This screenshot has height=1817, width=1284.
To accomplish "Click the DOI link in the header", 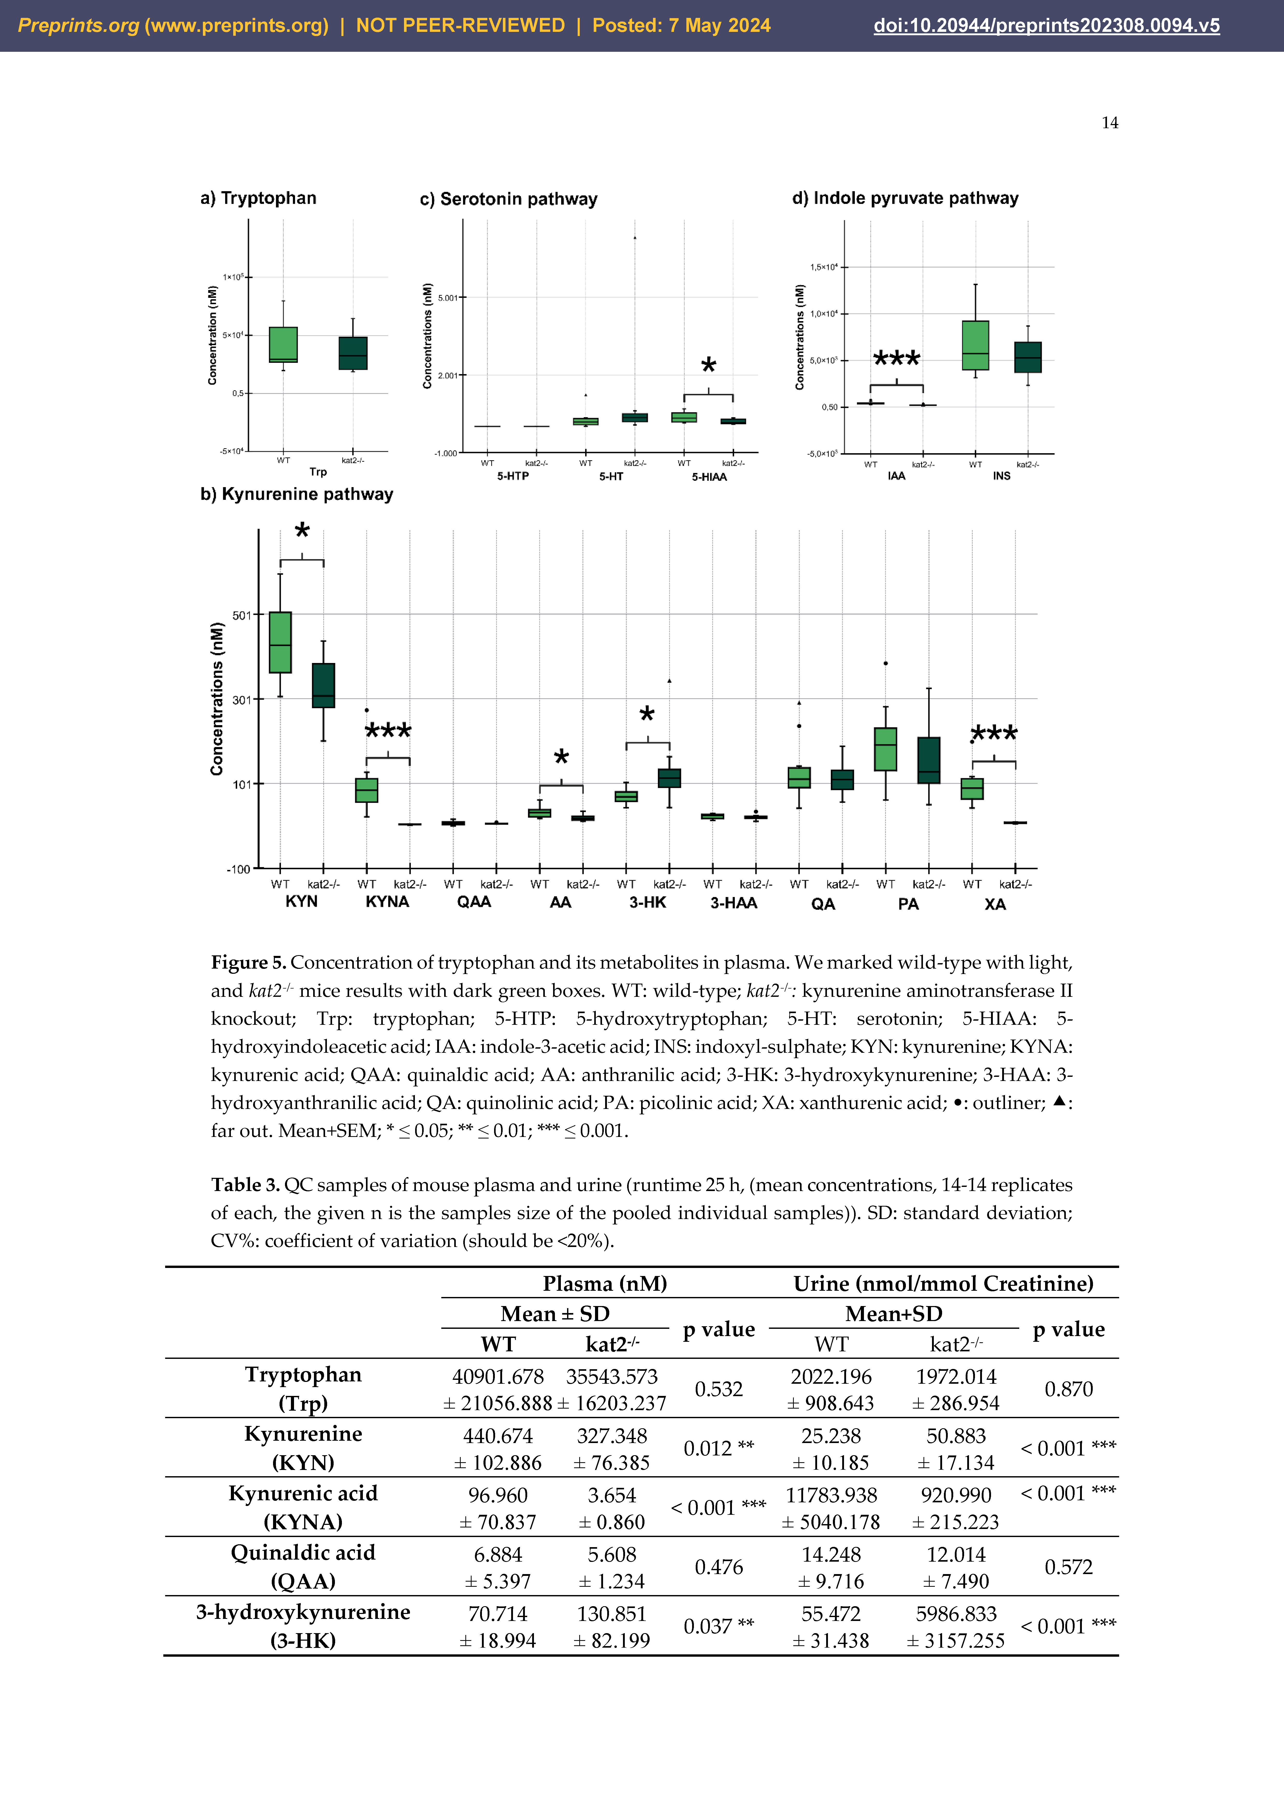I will click(x=1046, y=26).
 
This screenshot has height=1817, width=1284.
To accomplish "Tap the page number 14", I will click(x=1109, y=123).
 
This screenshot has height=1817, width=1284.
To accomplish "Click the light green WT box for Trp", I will click(x=283, y=344).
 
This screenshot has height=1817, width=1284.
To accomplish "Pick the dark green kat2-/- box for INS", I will click(x=1028, y=357).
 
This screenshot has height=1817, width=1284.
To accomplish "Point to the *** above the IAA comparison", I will click(x=896, y=359).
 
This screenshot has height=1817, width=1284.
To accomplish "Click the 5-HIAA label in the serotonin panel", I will click(x=709, y=477).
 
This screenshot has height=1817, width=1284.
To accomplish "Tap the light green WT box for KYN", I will click(x=280, y=642).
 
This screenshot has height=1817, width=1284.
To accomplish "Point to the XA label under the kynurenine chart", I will click(x=994, y=904).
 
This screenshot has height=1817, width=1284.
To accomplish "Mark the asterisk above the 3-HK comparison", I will click(x=647, y=715).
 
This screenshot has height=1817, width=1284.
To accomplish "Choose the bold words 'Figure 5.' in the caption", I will click(x=248, y=962).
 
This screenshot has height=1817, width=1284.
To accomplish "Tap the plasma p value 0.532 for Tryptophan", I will click(x=718, y=1389).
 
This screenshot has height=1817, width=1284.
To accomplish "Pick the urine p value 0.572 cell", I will click(x=1068, y=1567).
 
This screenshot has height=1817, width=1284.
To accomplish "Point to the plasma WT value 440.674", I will click(x=498, y=1436).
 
